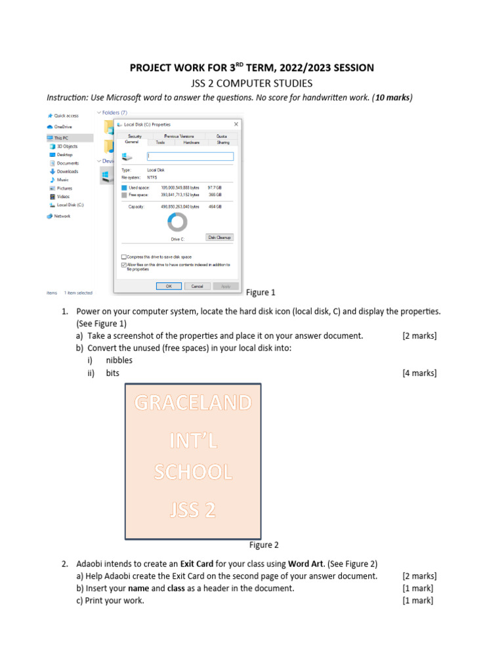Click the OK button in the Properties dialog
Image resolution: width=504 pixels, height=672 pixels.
click(169, 286)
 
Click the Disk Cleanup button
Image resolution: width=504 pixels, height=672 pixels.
click(220, 237)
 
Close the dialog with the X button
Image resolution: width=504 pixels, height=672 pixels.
click(236, 123)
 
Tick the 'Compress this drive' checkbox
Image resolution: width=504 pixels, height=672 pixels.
click(124, 257)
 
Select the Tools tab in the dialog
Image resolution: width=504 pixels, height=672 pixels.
click(161, 142)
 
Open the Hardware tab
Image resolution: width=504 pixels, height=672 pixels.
click(191, 142)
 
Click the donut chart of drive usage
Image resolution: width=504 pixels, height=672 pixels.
click(177, 222)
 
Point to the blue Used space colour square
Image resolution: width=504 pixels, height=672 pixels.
click(124, 187)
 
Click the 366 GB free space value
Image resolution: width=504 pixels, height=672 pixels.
click(215, 194)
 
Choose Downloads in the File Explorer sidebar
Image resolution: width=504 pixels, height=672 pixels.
click(67, 171)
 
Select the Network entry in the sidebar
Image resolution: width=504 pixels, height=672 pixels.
click(62, 216)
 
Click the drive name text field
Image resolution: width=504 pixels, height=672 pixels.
click(190, 156)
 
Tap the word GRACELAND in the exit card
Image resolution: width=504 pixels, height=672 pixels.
click(193, 403)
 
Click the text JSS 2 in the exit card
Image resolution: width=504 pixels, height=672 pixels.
click(193, 509)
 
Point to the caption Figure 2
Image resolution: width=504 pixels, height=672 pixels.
click(264, 545)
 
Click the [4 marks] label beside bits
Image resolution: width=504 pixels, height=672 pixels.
click(419, 373)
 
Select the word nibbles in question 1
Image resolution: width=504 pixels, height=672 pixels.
click(119, 360)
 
